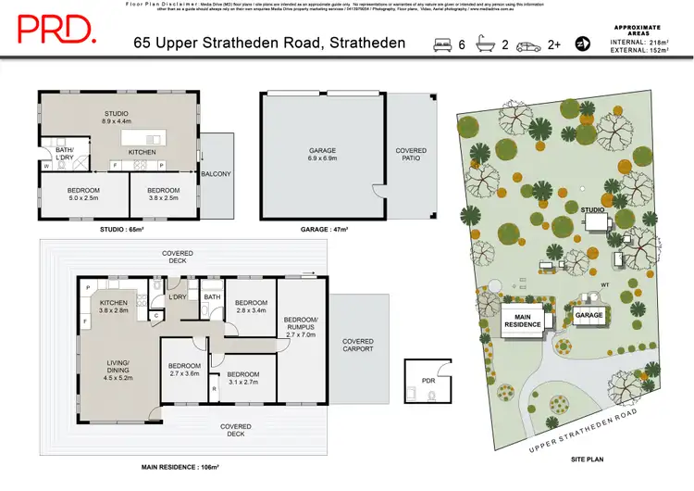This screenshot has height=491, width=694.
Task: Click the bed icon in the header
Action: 443,44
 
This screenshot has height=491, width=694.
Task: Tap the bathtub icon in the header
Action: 486,44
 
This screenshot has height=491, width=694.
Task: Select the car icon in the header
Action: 529,44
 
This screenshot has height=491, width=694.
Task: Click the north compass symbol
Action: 583,44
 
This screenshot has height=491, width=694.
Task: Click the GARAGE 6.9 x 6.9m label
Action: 322,156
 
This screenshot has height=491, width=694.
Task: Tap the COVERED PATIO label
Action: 411,154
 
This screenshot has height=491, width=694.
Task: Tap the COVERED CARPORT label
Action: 357,345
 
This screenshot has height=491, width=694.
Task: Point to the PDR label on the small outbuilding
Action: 428,380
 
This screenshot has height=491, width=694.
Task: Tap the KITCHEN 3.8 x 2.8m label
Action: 113,308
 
